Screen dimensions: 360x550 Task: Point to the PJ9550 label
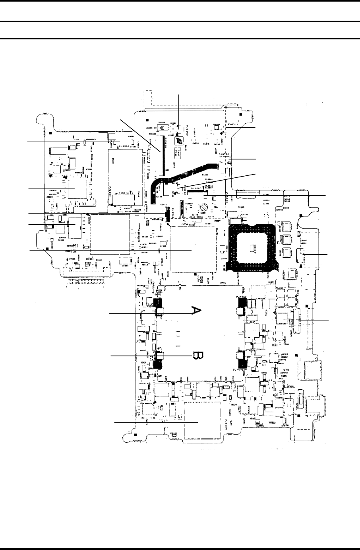pyautogui.click(x=126, y=146)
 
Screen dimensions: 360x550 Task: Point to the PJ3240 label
pyautogui.click(x=167, y=217)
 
